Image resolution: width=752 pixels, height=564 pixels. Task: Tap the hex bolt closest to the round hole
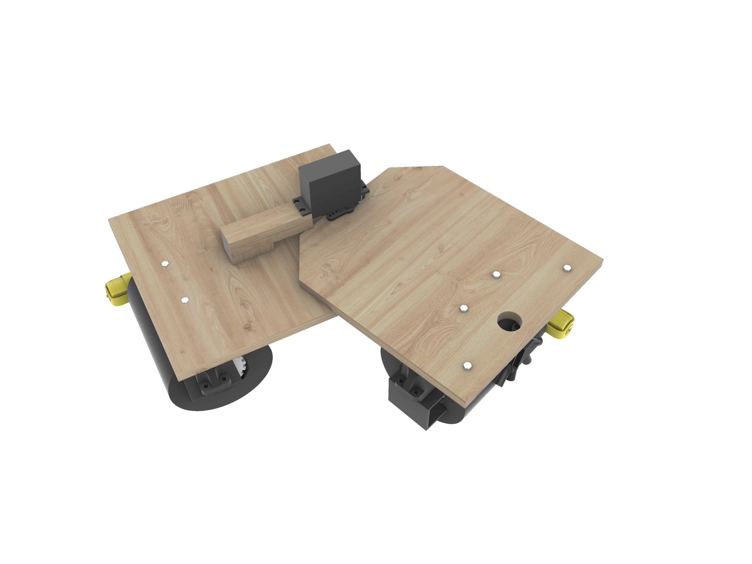(463, 308)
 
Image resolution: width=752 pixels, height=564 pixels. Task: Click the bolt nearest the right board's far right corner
(567, 268)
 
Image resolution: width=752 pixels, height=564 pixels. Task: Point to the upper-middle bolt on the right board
(496, 274)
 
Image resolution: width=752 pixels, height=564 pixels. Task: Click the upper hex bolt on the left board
(165, 264)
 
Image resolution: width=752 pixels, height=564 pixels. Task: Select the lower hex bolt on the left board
(185, 300)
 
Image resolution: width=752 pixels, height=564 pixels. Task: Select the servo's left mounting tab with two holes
(301, 206)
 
